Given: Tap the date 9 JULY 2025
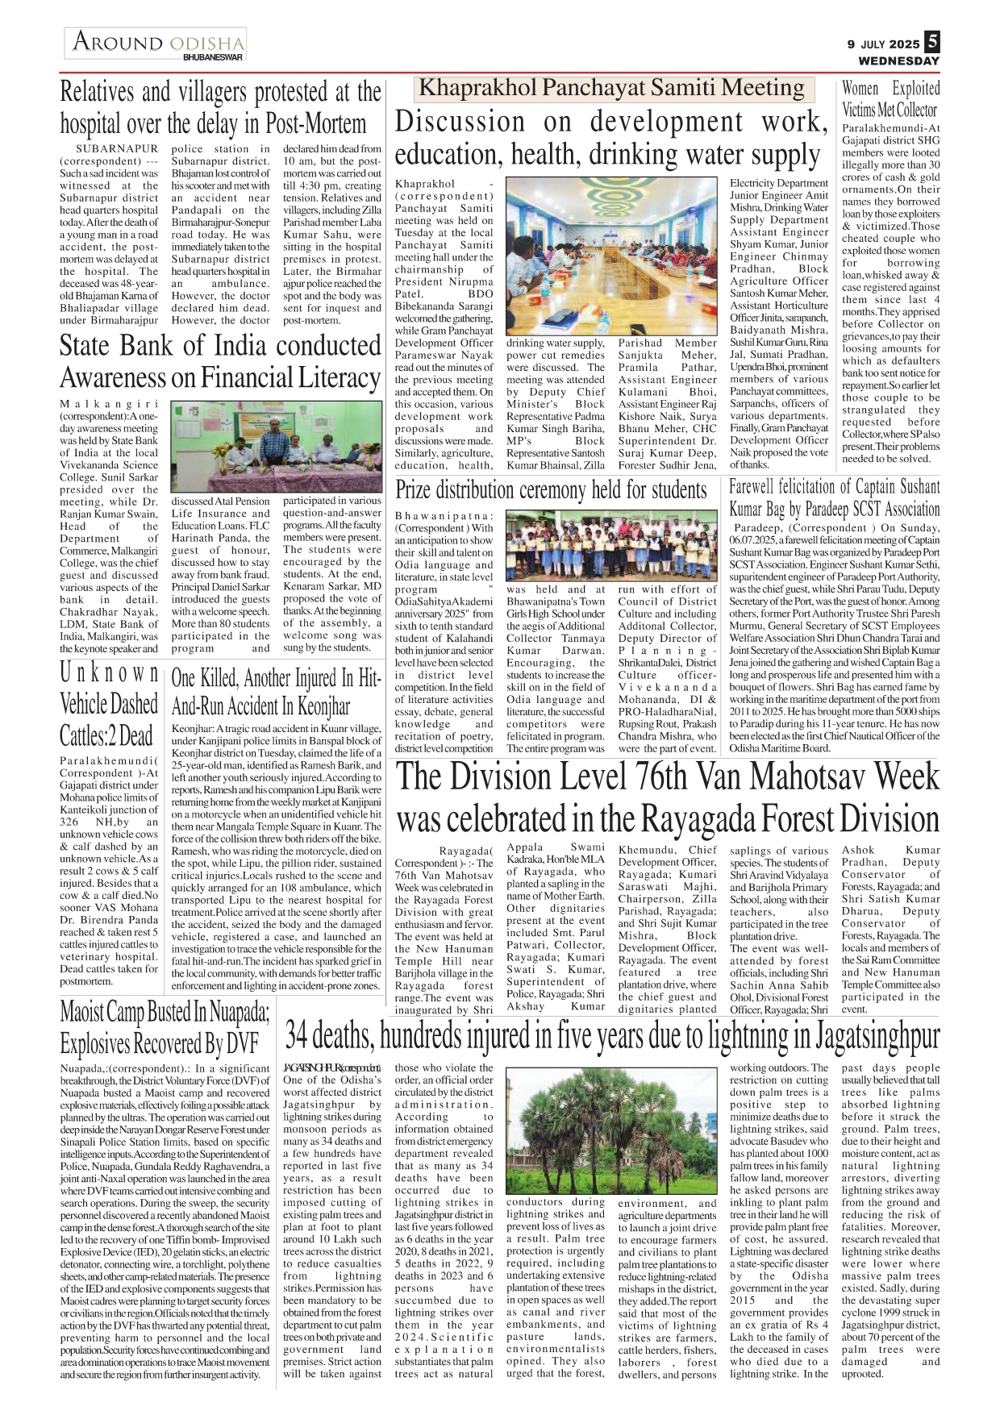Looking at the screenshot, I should [x=883, y=44].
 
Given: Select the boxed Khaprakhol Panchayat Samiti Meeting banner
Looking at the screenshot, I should [x=613, y=88].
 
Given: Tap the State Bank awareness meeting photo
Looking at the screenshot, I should [x=276, y=443].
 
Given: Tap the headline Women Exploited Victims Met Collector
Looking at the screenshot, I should [x=890, y=99].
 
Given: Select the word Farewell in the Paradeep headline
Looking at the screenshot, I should [x=763, y=487].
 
